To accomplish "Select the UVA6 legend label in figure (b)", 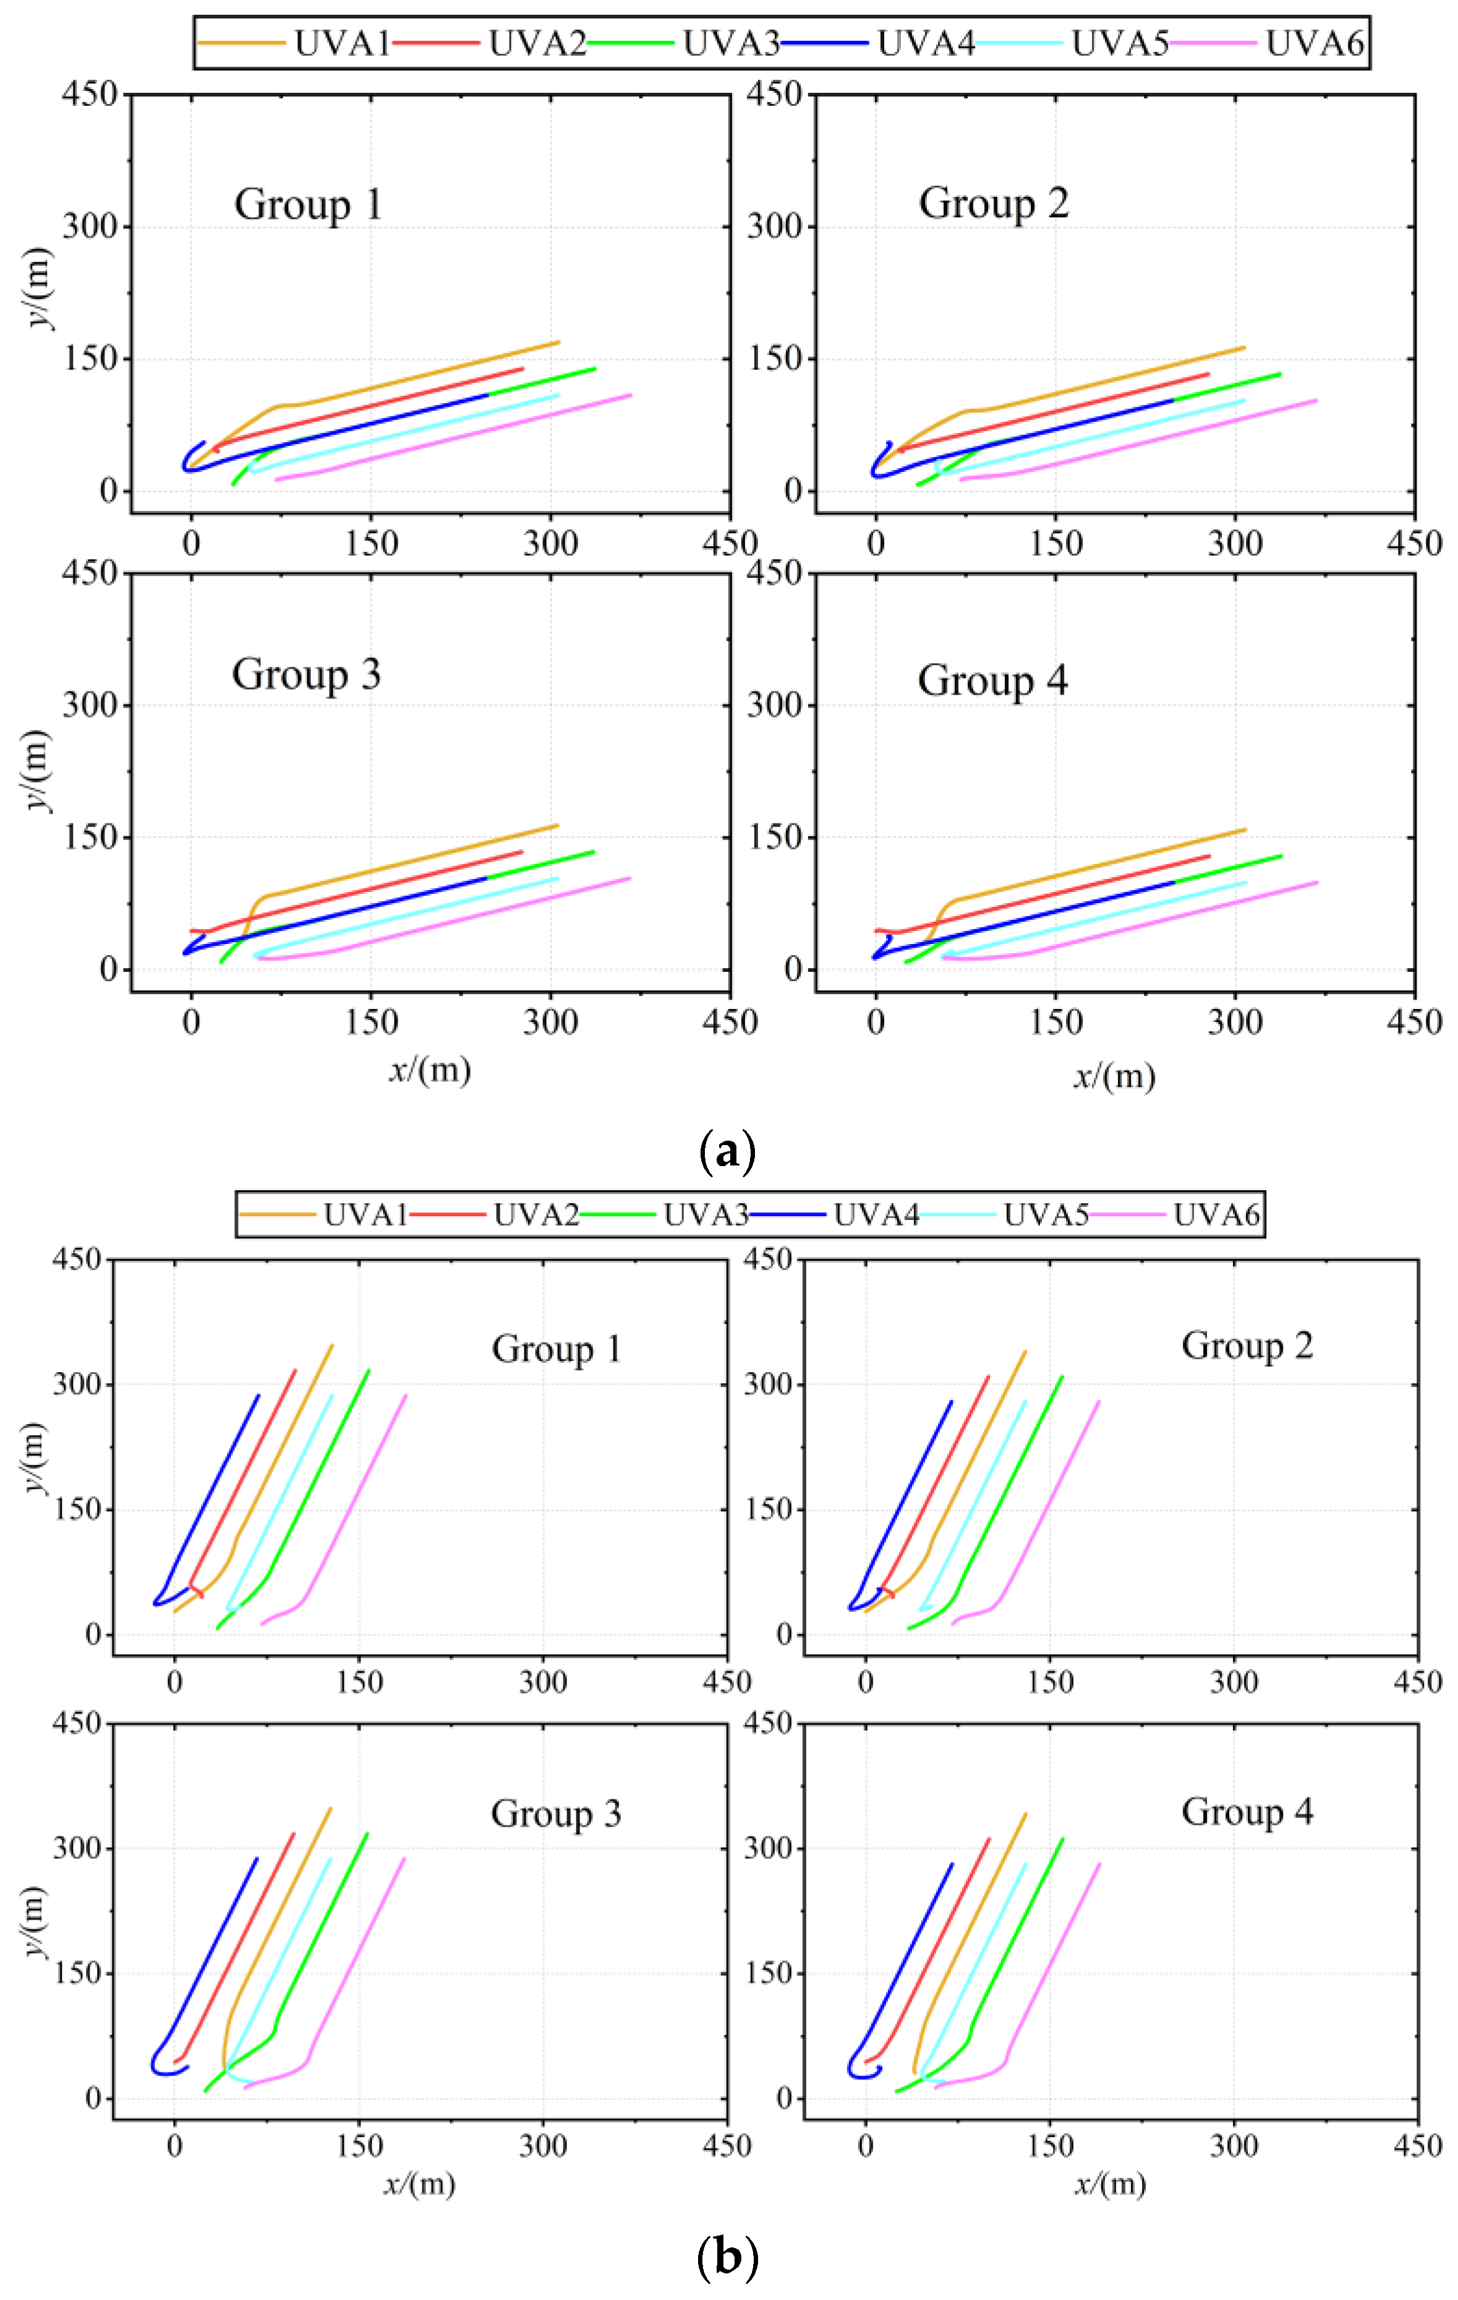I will [x=1216, y=1215].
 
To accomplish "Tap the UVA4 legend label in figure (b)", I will [x=876, y=1215].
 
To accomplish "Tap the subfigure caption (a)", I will [x=728, y=1152].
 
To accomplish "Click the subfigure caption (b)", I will [x=728, y=2258].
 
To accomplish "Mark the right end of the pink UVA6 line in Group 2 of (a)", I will [x=1316, y=400].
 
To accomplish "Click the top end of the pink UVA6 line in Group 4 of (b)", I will [x=1099, y=1863].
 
